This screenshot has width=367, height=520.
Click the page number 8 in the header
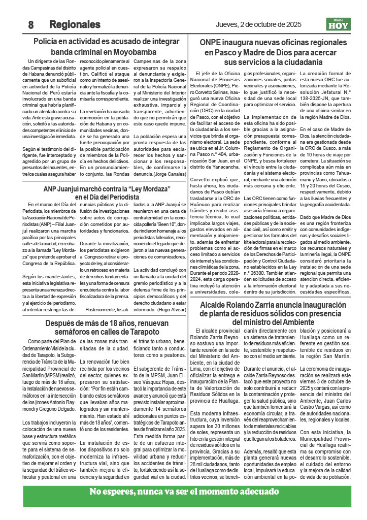[31, 24]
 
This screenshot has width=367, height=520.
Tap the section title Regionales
[75, 24]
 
